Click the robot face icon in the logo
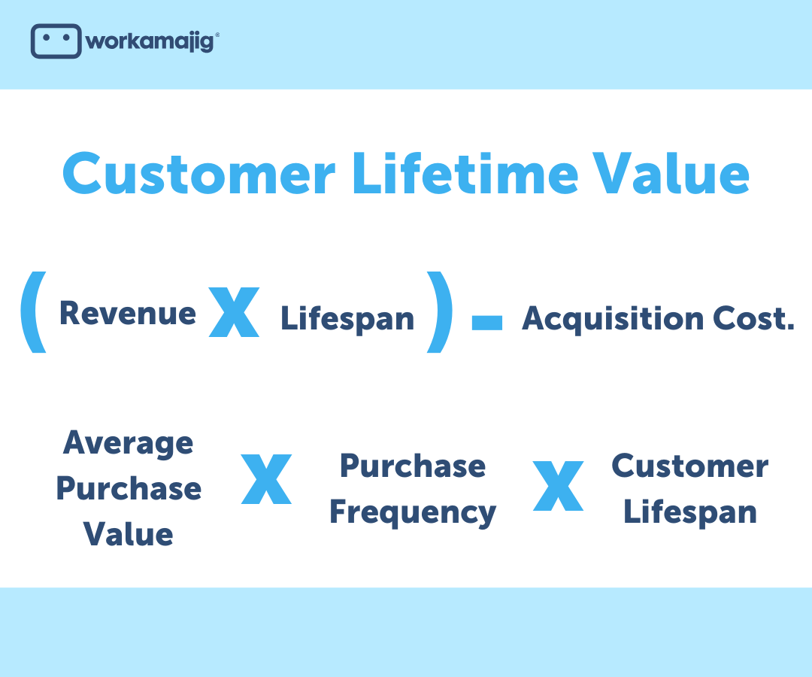tap(55, 41)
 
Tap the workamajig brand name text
tap(150, 41)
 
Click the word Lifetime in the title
tap(464, 174)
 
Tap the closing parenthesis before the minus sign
tap(440, 312)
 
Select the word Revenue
tap(127, 313)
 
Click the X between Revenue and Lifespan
tap(234, 311)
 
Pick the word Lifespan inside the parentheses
tap(347, 318)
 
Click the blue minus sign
tap(486, 323)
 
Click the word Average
tap(128, 442)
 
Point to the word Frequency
tap(413, 512)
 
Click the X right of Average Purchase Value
tap(266, 478)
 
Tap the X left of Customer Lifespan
tap(558, 487)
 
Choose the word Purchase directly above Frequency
tap(413, 466)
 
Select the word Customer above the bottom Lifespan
tap(689, 466)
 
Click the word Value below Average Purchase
tap(128, 534)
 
